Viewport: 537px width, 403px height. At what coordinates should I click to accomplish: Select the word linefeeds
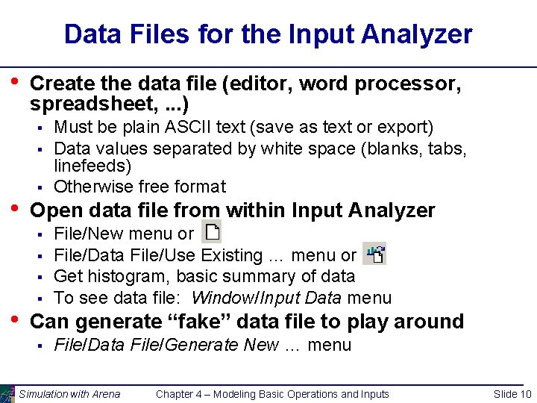click(92, 165)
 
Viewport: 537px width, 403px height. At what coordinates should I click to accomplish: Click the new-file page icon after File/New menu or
click(212, 232)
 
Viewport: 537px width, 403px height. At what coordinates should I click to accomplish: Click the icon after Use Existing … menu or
click(374, 254)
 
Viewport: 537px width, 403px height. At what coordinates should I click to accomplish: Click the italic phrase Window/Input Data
click(266, 298)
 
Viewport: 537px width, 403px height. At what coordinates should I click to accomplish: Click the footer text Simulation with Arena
click(69, 394)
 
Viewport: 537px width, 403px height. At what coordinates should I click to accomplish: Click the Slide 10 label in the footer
click(512, 394)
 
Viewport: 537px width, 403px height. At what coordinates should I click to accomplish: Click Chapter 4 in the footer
click(183, 394)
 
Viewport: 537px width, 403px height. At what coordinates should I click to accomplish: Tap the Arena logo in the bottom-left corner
click(7, 393)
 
